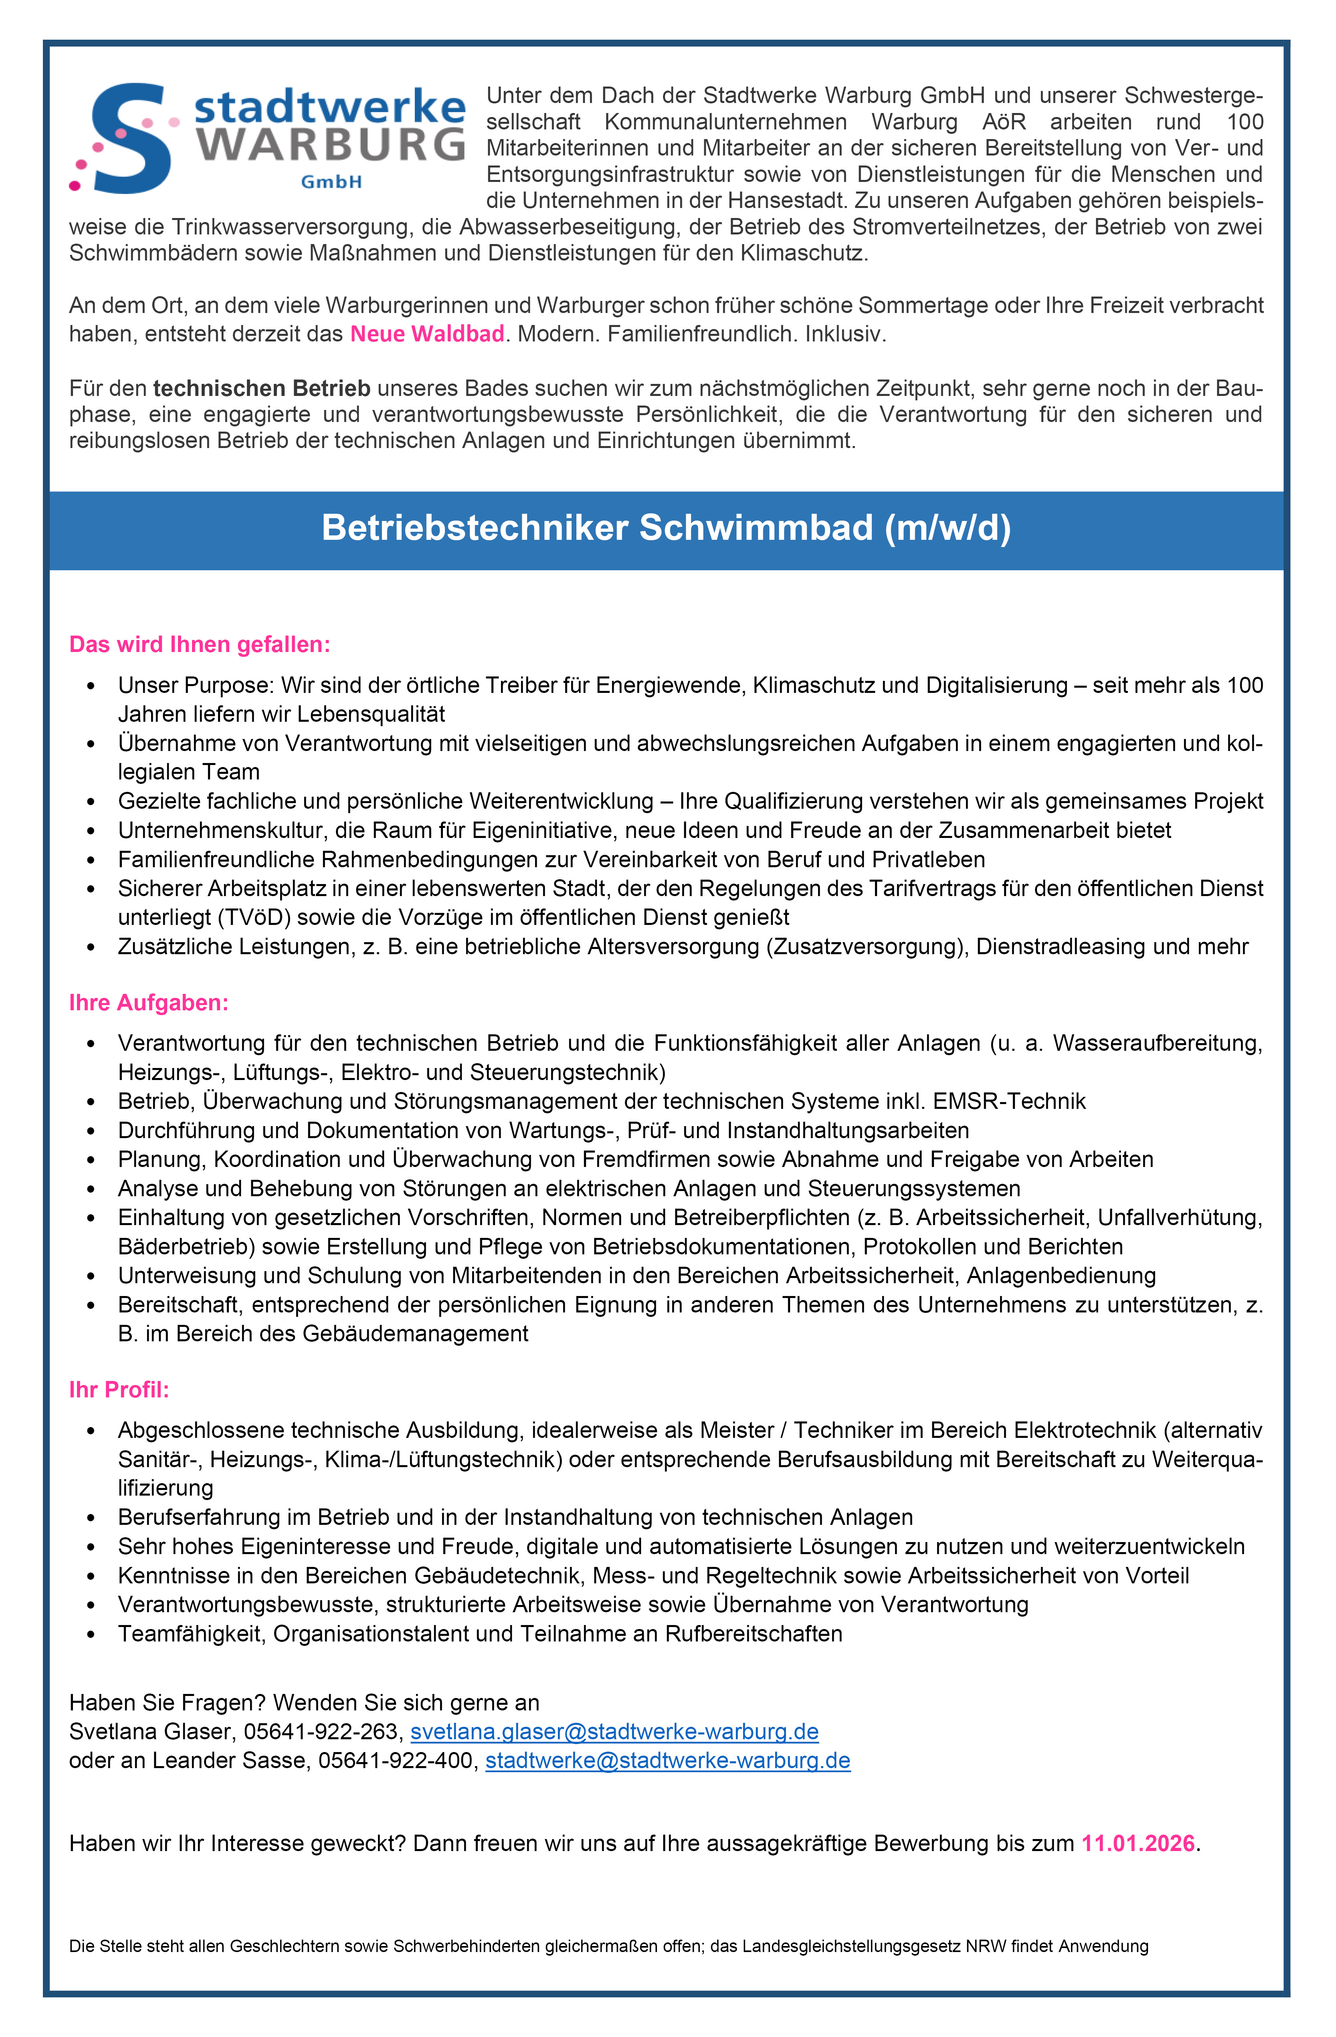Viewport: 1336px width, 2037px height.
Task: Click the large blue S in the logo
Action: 128,137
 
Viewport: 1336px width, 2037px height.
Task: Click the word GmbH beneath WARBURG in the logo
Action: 331,182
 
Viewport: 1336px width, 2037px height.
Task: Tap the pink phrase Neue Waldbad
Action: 427,334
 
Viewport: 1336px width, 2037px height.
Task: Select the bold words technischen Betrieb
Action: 262,389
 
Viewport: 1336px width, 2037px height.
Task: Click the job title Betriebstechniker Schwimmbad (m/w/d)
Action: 666,528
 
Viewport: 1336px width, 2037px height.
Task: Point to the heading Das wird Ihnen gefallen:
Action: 199,644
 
